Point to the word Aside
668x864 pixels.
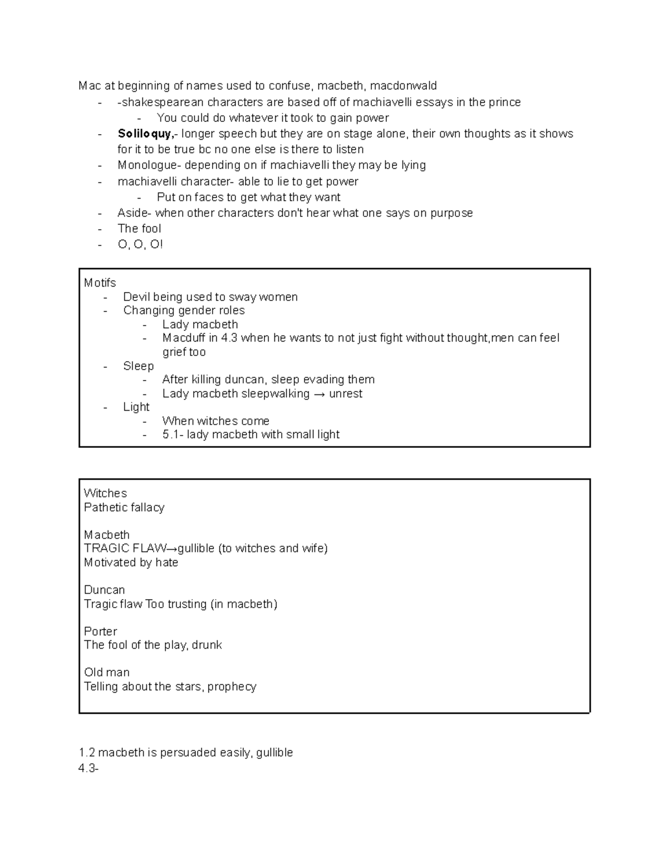click(x=134, y=213)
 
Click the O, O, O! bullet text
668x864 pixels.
click(x=140, y=244)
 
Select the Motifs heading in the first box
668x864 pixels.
click(x=100, y=283)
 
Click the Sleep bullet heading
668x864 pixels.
click(x=138, y=366)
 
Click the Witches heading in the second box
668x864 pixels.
click(x=105, y=493)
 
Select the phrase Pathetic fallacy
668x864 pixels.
click(x=124, y=507)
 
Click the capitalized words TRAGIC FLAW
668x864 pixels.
click(x=125, y=549)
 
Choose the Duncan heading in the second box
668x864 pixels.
click(x=104, y=590)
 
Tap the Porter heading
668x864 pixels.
click(x=100, y=631)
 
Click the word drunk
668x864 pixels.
click(x=207, y=645)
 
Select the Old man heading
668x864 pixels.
click(x=106, y=673)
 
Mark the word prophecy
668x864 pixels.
click(x=232, y=687)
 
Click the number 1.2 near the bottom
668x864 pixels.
click(x=87, y=753)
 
